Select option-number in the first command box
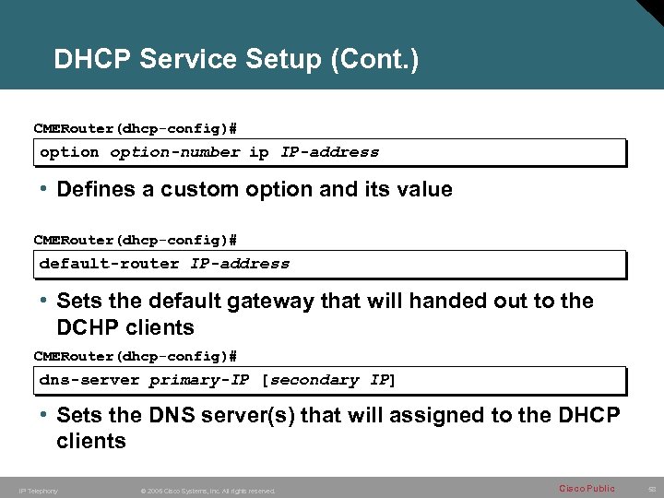175,152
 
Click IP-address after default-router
240,264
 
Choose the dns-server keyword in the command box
89,380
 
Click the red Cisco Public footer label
587,488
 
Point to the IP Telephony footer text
38,491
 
